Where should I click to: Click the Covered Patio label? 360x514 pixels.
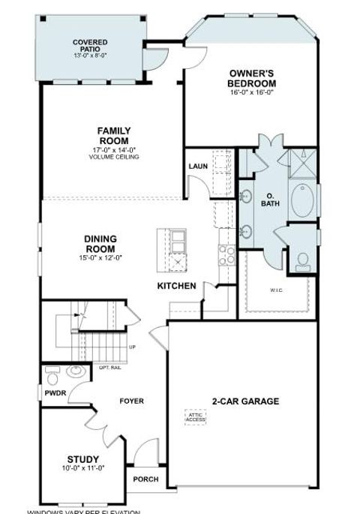pos(89,46)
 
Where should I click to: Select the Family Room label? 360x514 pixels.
pos(114,136)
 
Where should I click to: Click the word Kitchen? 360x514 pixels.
pos(176,286)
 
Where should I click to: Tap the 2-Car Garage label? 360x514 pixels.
pos(246,401)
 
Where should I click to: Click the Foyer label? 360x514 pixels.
pos(131,401)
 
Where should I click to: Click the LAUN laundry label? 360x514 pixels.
pos(197,167)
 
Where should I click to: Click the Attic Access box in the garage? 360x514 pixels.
pos(195,416)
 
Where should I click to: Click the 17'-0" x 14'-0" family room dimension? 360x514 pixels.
pos(114,149)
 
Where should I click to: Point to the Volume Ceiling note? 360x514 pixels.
pos(114,156)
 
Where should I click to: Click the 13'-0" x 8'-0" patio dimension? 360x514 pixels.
pos(89,55)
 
